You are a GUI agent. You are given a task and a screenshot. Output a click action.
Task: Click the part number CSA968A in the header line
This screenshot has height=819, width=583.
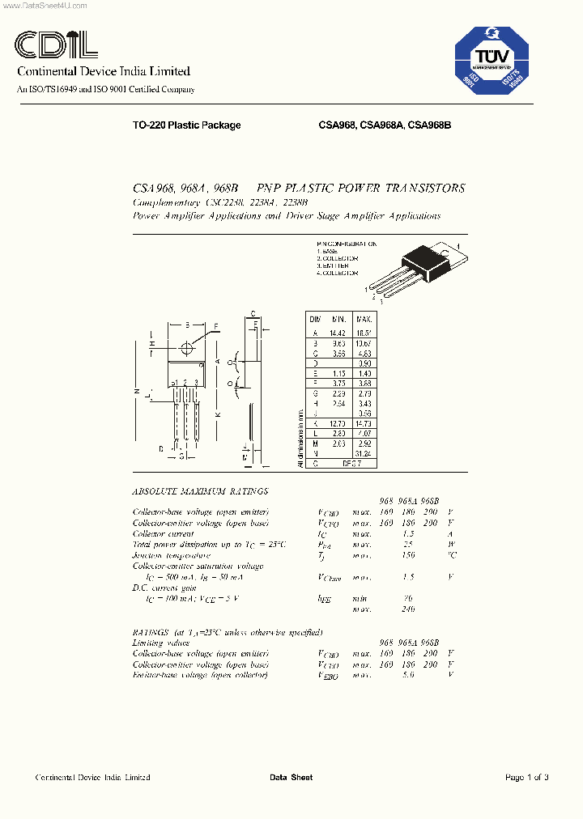coord(382,125)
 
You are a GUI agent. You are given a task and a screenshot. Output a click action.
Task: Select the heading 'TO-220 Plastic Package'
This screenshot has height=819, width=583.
coord(186,125)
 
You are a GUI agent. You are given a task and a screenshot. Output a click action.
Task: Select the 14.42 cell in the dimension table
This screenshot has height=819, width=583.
coord(338,332)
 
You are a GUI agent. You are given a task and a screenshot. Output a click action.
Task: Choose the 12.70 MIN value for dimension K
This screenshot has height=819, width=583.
coord(338,423)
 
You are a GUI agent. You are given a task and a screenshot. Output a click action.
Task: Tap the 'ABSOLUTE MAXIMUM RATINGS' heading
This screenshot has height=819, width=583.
coord(200,491)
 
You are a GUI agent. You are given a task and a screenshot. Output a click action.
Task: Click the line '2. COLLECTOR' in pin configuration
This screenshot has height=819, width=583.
coord(337,258)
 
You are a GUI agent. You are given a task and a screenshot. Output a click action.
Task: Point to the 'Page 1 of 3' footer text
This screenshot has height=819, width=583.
coord(527,778)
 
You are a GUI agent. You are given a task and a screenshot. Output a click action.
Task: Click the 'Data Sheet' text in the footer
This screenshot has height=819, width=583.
coord(291,778)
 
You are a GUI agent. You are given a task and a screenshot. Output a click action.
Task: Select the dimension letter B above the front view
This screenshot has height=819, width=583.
coord(187,325)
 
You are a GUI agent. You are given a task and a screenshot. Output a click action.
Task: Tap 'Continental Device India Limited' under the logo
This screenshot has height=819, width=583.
coord(104,71)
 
